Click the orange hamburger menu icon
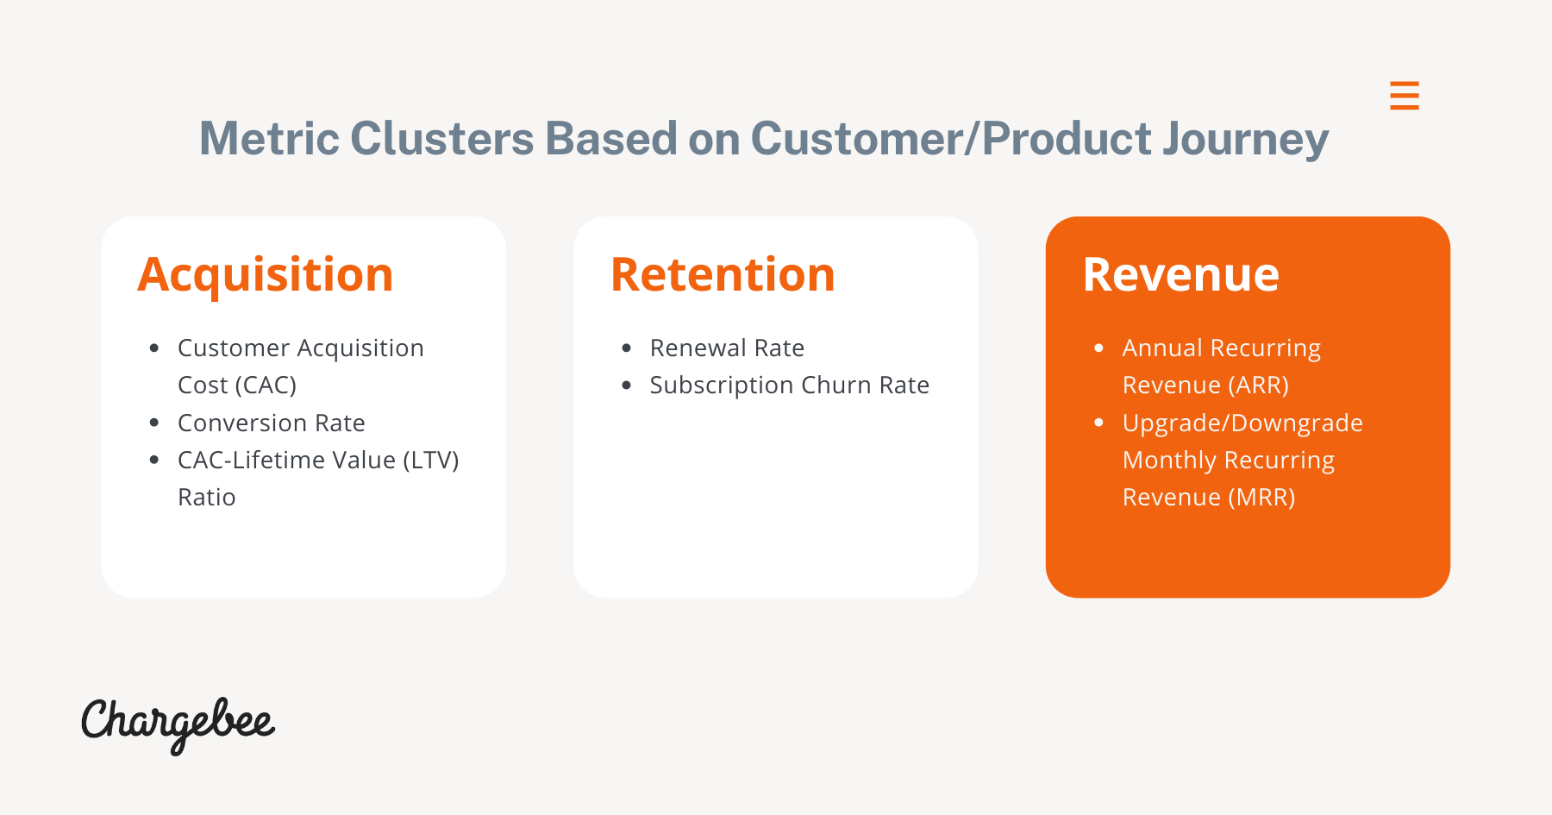[x=1405, y=95]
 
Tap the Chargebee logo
[x=178, y=725]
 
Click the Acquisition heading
[x=266, y=276]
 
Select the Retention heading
[x=723, y=275]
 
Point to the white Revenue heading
[x=1181, y=275]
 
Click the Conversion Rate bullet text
[x=272, y=423]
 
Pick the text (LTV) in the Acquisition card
[x=431, y=461]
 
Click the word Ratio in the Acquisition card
[x=207, y=498]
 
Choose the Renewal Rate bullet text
[x=727, y=348]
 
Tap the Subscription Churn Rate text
[x=790, y=386]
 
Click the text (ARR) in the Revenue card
[x=1258, y=386]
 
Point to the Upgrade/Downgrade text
[x=1242, y=423]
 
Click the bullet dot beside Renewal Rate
[x=627, y=348]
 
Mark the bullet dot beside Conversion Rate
[x=154, y=423]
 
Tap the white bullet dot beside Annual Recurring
[x=1098, y=348]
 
